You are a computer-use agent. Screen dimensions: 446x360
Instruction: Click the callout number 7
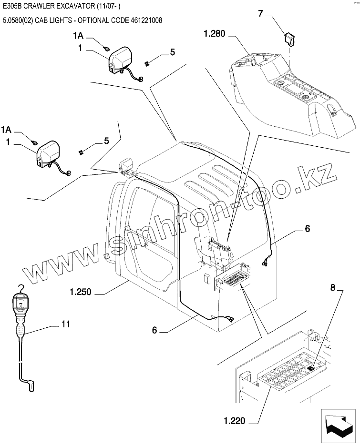coord(261,13)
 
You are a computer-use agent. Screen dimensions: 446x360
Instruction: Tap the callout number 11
coord(66,324)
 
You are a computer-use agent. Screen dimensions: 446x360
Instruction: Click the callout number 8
coord(333,287)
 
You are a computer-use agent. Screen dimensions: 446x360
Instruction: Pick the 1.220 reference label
coord(234,421)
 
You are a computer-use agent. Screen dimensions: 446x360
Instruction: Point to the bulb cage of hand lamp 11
coord(20,303)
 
